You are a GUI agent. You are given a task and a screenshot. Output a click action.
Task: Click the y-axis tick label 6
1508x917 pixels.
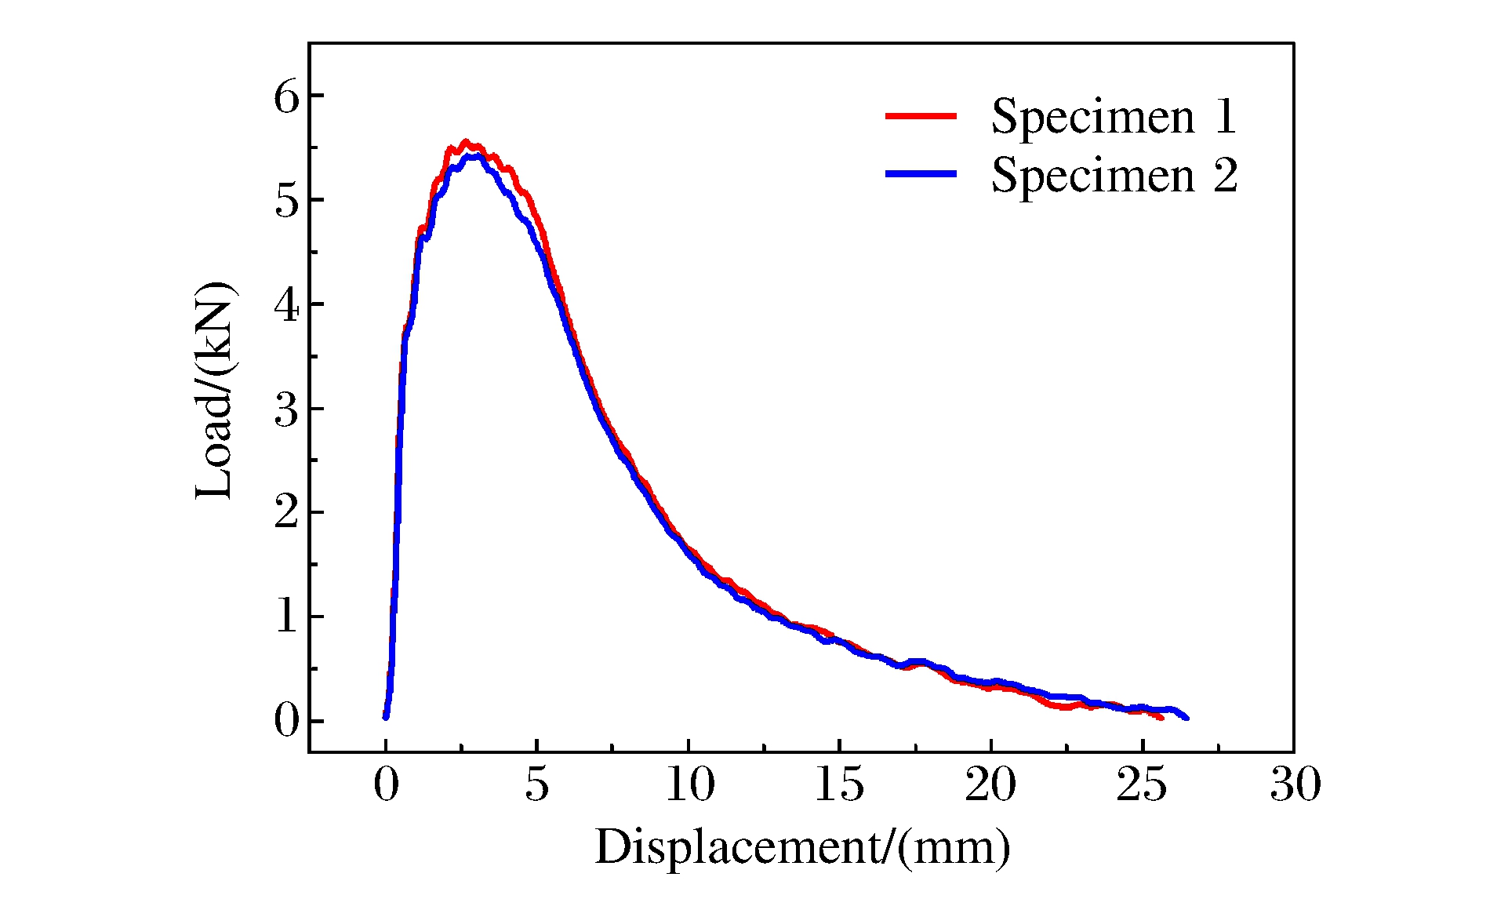tap(287, 98)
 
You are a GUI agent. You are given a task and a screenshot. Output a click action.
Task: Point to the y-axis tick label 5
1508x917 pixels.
tap(287, 202)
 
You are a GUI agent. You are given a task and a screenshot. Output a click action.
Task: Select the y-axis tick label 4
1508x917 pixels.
tap(287, 306)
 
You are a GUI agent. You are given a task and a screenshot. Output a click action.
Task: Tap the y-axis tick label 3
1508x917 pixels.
tap(287, 410)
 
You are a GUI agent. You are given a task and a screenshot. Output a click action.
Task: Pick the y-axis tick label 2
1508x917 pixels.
tap(287, 514)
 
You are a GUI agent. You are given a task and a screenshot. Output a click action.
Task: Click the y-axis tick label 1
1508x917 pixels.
tap(287, 618)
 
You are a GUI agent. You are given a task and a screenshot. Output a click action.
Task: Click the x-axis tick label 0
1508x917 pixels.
tap(386, 784)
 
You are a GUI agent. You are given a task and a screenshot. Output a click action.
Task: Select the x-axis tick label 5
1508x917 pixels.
tap(537, 784)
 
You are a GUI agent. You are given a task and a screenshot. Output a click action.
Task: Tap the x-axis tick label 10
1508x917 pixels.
tap(689, 784)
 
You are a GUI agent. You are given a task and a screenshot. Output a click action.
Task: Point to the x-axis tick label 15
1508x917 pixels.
tap(840, 784)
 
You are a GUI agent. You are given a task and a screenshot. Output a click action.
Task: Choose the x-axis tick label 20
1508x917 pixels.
tap(991, 784)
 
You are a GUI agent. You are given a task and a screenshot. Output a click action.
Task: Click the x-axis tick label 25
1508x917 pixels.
tap(1143, 784)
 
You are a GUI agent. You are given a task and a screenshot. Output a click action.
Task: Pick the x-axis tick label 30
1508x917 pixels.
tap(1295, 784)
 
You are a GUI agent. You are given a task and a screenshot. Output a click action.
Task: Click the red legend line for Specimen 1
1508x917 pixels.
tap(921, 116)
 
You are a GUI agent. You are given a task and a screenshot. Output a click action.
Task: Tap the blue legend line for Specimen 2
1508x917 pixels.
tap(921, 173)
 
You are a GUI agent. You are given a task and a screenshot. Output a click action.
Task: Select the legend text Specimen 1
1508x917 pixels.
tap(1114, 118)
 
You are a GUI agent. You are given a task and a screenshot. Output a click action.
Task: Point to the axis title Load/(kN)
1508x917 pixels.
tap(214, 390)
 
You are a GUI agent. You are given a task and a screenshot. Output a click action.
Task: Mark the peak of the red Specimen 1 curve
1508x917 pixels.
tap(466, 142)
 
